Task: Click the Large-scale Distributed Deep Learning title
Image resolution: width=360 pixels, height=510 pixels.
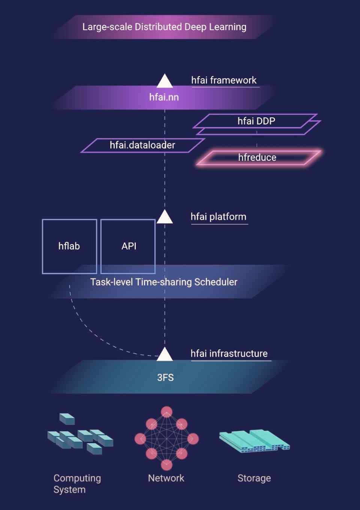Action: pyautogui.click(x=164, y=27)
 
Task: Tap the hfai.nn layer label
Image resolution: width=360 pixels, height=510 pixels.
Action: pyautogui.click(x=164, y=97)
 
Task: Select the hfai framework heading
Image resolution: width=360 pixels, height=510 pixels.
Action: pyautogui.click(x=224, y=80)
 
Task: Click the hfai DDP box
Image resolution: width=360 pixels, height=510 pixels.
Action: pyautogui.click(x=256, y=121)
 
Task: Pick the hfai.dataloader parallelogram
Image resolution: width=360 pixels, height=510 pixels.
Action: pyautogui.click(x=142, y=145)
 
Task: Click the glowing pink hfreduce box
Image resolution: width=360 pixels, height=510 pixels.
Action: pyautogui.click(x=257, y=157)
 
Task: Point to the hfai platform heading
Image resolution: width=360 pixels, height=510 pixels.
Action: pyautogui.click(x=218, y=217)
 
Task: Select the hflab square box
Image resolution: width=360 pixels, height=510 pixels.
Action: pyautogui.click(x=69, y=246)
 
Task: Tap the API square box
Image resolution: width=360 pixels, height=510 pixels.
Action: pyautogui.click(x=128, y=246)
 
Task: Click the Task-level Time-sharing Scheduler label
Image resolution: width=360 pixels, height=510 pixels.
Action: pyautogui.click(x=164, y=282)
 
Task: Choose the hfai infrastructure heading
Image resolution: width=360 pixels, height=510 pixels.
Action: pyautogui.click(x=229, y=354)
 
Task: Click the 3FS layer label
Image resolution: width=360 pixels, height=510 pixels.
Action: pyautogui.click(x=165, y=378)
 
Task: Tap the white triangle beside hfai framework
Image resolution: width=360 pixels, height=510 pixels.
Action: pyautogui.click(x=165, y=81)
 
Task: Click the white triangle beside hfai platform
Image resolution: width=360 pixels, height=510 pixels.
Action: pyautogui.click(x=165, y=217)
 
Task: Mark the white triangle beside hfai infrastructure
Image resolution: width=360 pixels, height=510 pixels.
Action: pyautogui.click(x=165, y=354)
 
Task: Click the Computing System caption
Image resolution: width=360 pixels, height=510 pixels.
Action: pyautogui.click(x=77, y=484)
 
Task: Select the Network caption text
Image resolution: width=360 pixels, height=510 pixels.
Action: pyautogui.click(x=166, y=478)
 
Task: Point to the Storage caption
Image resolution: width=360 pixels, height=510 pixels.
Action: pyautogui.click(x=254, y=478)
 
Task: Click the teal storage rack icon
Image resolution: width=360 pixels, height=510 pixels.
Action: pyautogui.click(x=254, y=441)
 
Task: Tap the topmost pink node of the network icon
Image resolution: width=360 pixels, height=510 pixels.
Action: pyautogui.click(x=166, y=412)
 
